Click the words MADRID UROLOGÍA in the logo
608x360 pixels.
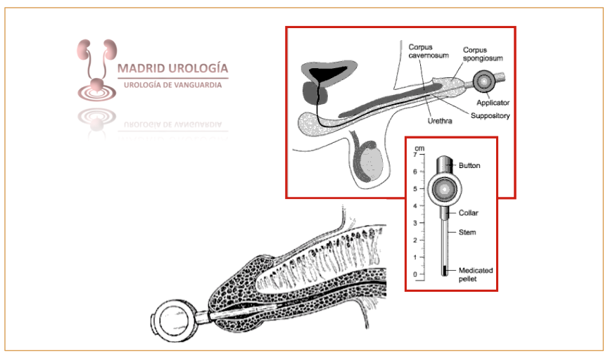pyautogui.click(x=172, y=69)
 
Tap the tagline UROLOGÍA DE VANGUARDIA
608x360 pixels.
pyautogui.click(x=172, y=84)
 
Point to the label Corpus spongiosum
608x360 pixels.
pyautogui.click(x=482, y=54)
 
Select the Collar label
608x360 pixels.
pyautogui.click(x=469, y=212)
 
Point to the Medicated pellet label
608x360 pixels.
pyautogui.click(x=476, y=274)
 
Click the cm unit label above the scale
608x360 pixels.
pyautogui.click(x=419, y=147)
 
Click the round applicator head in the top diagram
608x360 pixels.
pyautogui.click(x=483, y=82)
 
